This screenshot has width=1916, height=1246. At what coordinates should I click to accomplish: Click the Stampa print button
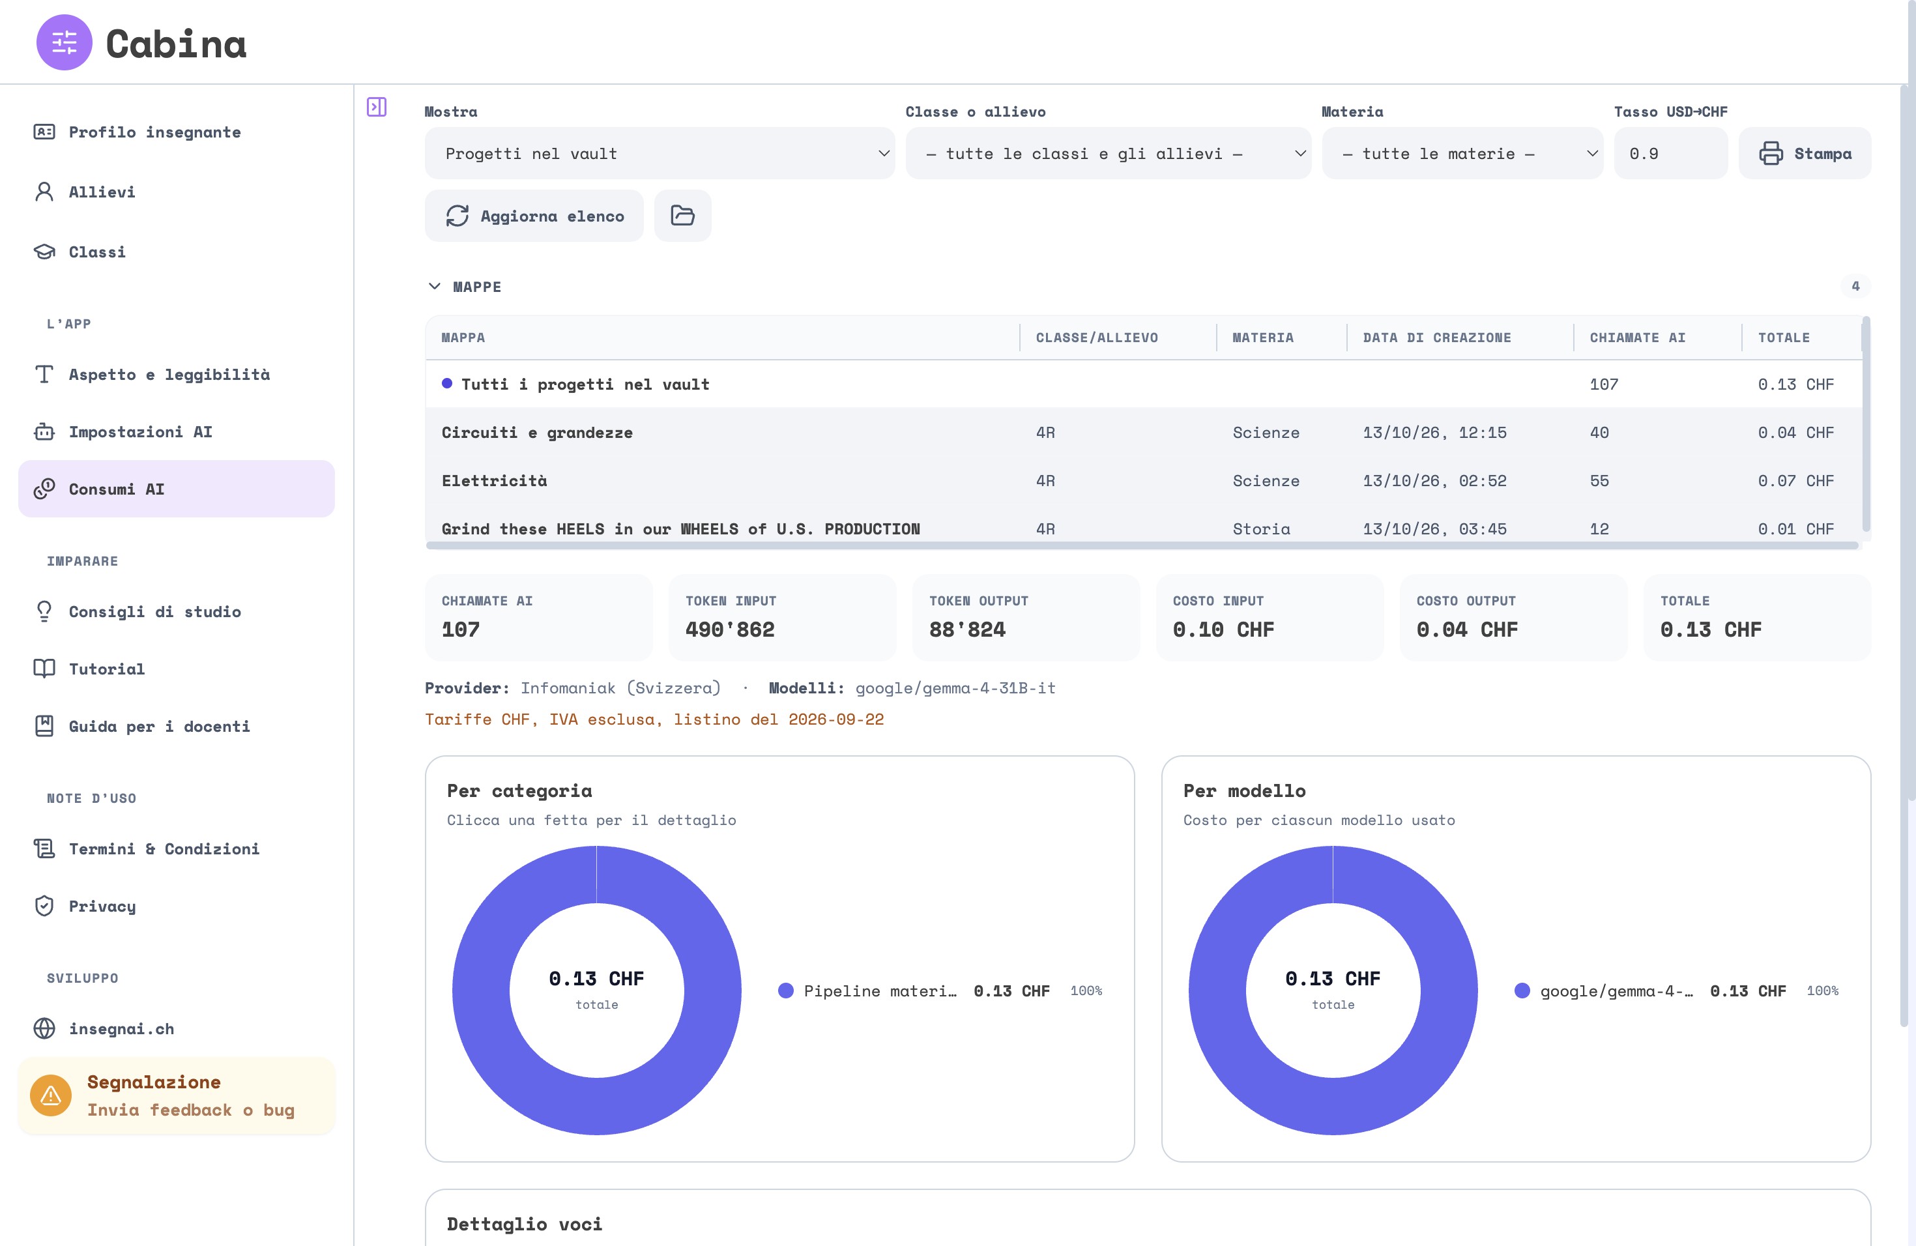pos(1805,153)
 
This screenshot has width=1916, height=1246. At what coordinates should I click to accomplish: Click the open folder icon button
pos(683,216)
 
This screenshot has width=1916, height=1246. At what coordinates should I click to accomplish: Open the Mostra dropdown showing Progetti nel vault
pos(660,153)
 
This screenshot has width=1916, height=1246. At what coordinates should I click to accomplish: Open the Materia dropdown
pos(1462,153)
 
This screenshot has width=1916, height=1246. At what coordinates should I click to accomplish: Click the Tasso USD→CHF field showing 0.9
pos(1670,153)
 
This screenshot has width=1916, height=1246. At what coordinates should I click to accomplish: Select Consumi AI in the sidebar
pos(177,489)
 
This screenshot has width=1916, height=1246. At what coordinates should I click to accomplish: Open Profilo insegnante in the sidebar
pos(154,132)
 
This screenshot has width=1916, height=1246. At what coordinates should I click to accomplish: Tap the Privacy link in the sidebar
pos(102,906)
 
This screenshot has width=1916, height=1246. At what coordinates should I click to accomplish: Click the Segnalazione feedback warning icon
pos(51,1095)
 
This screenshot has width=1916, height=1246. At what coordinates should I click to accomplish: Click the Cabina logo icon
pos(65,42)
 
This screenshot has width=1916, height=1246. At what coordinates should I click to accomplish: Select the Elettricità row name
pos(494,480)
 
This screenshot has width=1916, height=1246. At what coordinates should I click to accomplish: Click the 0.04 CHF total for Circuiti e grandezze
pos(1795,432)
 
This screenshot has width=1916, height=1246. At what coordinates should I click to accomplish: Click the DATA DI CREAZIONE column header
pos(1436,338)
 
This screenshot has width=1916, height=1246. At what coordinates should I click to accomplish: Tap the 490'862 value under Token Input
pos(729,630)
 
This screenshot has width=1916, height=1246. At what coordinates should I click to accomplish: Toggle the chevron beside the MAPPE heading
pos(435,287)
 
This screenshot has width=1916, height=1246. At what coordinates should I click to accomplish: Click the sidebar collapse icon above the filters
pos(376,107)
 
